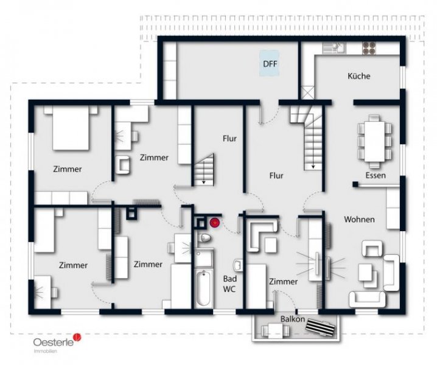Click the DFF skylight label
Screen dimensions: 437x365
point(270,64)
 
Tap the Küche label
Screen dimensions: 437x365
point(359,76)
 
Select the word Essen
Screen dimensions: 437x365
point(376,175)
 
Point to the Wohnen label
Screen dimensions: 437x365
point(359,219)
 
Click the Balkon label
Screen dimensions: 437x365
point(293,319)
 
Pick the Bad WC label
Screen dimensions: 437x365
point(229,284)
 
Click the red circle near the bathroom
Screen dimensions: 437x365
point(214,223)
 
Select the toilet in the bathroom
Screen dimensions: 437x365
point(205,238)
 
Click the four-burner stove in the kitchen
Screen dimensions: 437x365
point(369,47)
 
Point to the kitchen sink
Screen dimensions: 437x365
point(334,47)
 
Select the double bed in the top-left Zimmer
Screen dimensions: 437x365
point(71,128)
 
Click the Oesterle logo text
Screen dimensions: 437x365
point(54,342)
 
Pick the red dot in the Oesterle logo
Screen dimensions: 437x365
point(77,337)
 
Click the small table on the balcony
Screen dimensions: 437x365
point(275,330)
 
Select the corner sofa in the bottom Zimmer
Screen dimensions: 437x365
point(262,234)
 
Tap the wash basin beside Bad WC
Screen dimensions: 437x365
point(238,265)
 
